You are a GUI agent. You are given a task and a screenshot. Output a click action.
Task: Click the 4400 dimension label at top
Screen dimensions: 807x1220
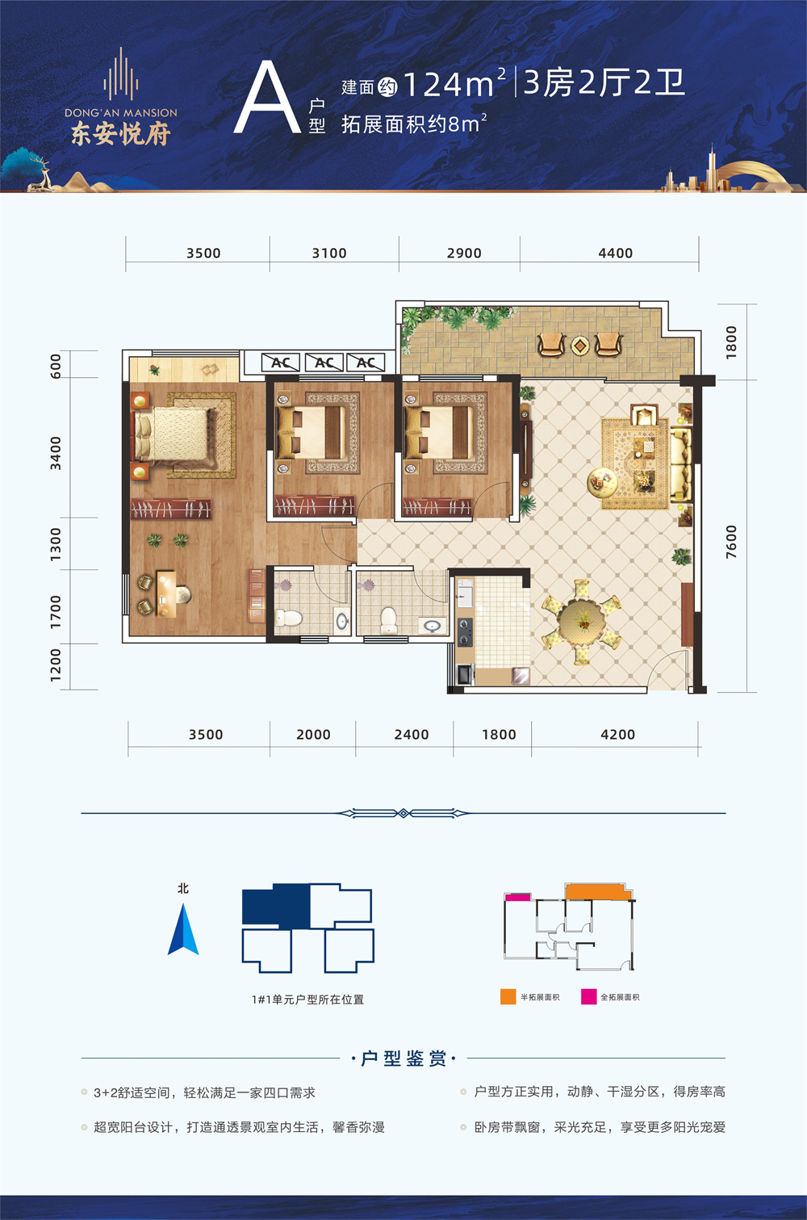pyautogui.click(x=615, y=254)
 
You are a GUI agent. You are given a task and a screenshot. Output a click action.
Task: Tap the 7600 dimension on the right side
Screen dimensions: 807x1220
pyautogui.click(x=731, y=542)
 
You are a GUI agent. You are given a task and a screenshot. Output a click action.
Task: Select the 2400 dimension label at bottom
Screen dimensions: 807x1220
pyautogui.click(x=412, y=735)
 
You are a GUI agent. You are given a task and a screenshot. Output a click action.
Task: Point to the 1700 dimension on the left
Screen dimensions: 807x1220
pyautogui.click(x=56, y=612)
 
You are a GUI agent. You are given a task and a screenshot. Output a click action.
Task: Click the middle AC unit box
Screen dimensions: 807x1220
pyautogui.click(x=324, y=363)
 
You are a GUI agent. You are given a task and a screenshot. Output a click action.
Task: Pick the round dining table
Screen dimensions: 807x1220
pyautogui.click(x=582, y=622)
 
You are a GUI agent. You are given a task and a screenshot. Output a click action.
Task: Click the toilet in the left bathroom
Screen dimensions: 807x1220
pyautogui.click(x=288, y=618)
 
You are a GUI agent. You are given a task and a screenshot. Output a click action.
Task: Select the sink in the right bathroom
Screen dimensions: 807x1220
pyautogui.click(x=433, y=626)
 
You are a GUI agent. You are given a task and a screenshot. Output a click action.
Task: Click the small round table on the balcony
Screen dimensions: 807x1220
pyautogui.click(x=580, y=345)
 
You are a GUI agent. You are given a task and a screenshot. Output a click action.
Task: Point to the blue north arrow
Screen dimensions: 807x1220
pyautogui.click(x=183, y=929)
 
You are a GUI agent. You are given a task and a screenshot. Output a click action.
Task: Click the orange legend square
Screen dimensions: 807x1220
pyautogui.click(x=508, y=996)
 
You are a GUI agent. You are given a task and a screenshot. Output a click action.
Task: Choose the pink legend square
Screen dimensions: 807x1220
pyautogui.click(x=588, y=996)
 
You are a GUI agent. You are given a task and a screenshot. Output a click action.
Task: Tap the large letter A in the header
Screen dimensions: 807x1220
pyautogui.click(x=267, y=98)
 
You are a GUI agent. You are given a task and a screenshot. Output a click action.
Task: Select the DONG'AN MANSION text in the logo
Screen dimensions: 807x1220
pyautogui.click(x=121, y=113)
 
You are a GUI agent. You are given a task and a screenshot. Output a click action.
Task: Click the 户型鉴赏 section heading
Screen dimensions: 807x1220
pyautogui.click(x=403, y=1059)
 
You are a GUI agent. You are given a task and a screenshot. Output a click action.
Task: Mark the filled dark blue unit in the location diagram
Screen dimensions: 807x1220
pyautogui.click(x=276, y=906)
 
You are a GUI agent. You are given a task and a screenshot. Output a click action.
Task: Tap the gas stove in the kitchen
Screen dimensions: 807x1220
pyautogui.click(x=465, y=632)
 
